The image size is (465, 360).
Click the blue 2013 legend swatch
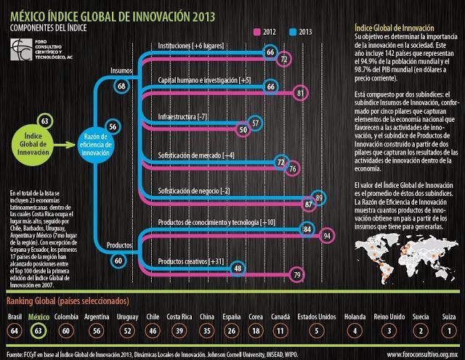pos(294,32)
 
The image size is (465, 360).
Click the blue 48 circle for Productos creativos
pos(238,268)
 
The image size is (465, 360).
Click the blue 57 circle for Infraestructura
pos(256,123)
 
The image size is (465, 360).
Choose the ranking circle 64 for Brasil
pos(15,331)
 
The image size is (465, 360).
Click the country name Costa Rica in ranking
pos(179,317)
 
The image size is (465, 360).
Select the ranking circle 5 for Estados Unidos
pos(316,331)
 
